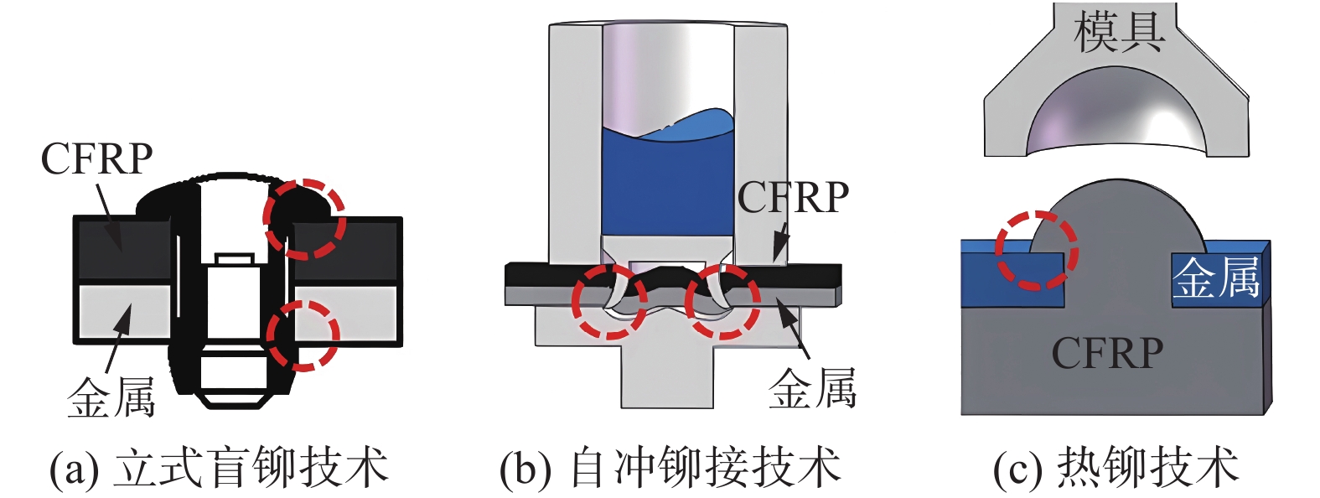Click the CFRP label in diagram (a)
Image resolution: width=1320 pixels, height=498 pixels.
[96, 158]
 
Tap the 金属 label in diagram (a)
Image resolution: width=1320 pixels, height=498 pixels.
[111, 397]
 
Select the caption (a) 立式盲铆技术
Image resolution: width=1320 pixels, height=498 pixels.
[219, 468]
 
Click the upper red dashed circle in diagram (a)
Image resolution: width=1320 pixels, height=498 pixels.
[304, 218]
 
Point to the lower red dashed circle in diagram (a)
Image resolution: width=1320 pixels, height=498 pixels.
[303, 335]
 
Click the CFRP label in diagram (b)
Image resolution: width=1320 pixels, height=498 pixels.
[793, 198]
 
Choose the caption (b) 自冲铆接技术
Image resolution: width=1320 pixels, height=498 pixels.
[670, 468]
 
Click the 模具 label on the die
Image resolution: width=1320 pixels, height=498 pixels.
[1119, 32]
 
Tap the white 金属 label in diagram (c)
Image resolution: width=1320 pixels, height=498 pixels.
[1215, 278]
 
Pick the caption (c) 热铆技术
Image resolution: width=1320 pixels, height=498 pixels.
[1116, 468]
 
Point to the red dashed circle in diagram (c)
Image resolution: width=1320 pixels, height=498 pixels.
[1036, 250]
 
